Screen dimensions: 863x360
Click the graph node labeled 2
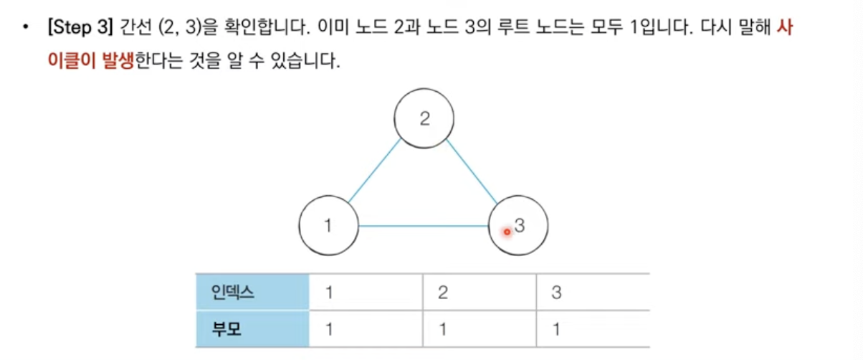424,119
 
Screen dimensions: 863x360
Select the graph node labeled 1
328,225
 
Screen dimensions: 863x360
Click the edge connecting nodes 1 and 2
374,171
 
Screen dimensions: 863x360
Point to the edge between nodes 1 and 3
423,227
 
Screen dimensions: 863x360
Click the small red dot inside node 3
507,231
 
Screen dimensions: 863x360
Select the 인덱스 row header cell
252,293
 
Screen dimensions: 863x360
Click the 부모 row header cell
252,330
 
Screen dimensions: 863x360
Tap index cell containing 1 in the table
366,293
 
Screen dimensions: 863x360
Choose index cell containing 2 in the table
479,293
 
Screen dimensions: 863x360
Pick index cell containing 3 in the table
592,293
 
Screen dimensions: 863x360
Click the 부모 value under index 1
366,330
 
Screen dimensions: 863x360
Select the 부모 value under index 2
479,330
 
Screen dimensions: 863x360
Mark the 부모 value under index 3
592,330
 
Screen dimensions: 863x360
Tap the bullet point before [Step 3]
27,31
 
